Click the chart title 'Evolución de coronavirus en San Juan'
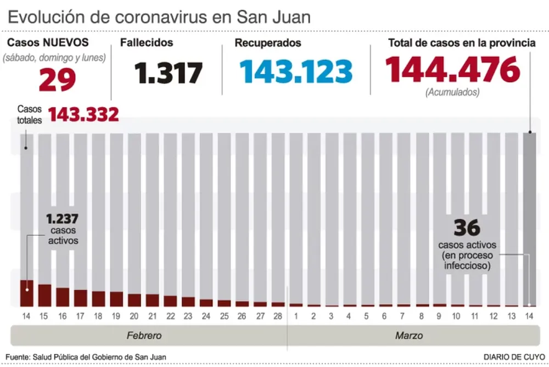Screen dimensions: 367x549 [159, 16]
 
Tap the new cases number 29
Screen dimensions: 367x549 [57, 80]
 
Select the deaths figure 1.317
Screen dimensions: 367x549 [169, 73]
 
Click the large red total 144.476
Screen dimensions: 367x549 [452, 70]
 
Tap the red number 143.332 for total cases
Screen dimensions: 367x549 [83, 114]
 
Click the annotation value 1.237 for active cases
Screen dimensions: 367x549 [61, 219]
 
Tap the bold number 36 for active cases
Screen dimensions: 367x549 [467, 227]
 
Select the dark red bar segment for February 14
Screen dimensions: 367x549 [26, 293]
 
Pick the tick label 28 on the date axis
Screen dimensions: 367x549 [278, 316]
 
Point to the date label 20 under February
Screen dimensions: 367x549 [134, 316]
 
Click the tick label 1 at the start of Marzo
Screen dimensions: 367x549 [296, 316]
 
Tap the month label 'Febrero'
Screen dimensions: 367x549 [144, 335]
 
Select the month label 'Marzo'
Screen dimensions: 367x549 [409, 335]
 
